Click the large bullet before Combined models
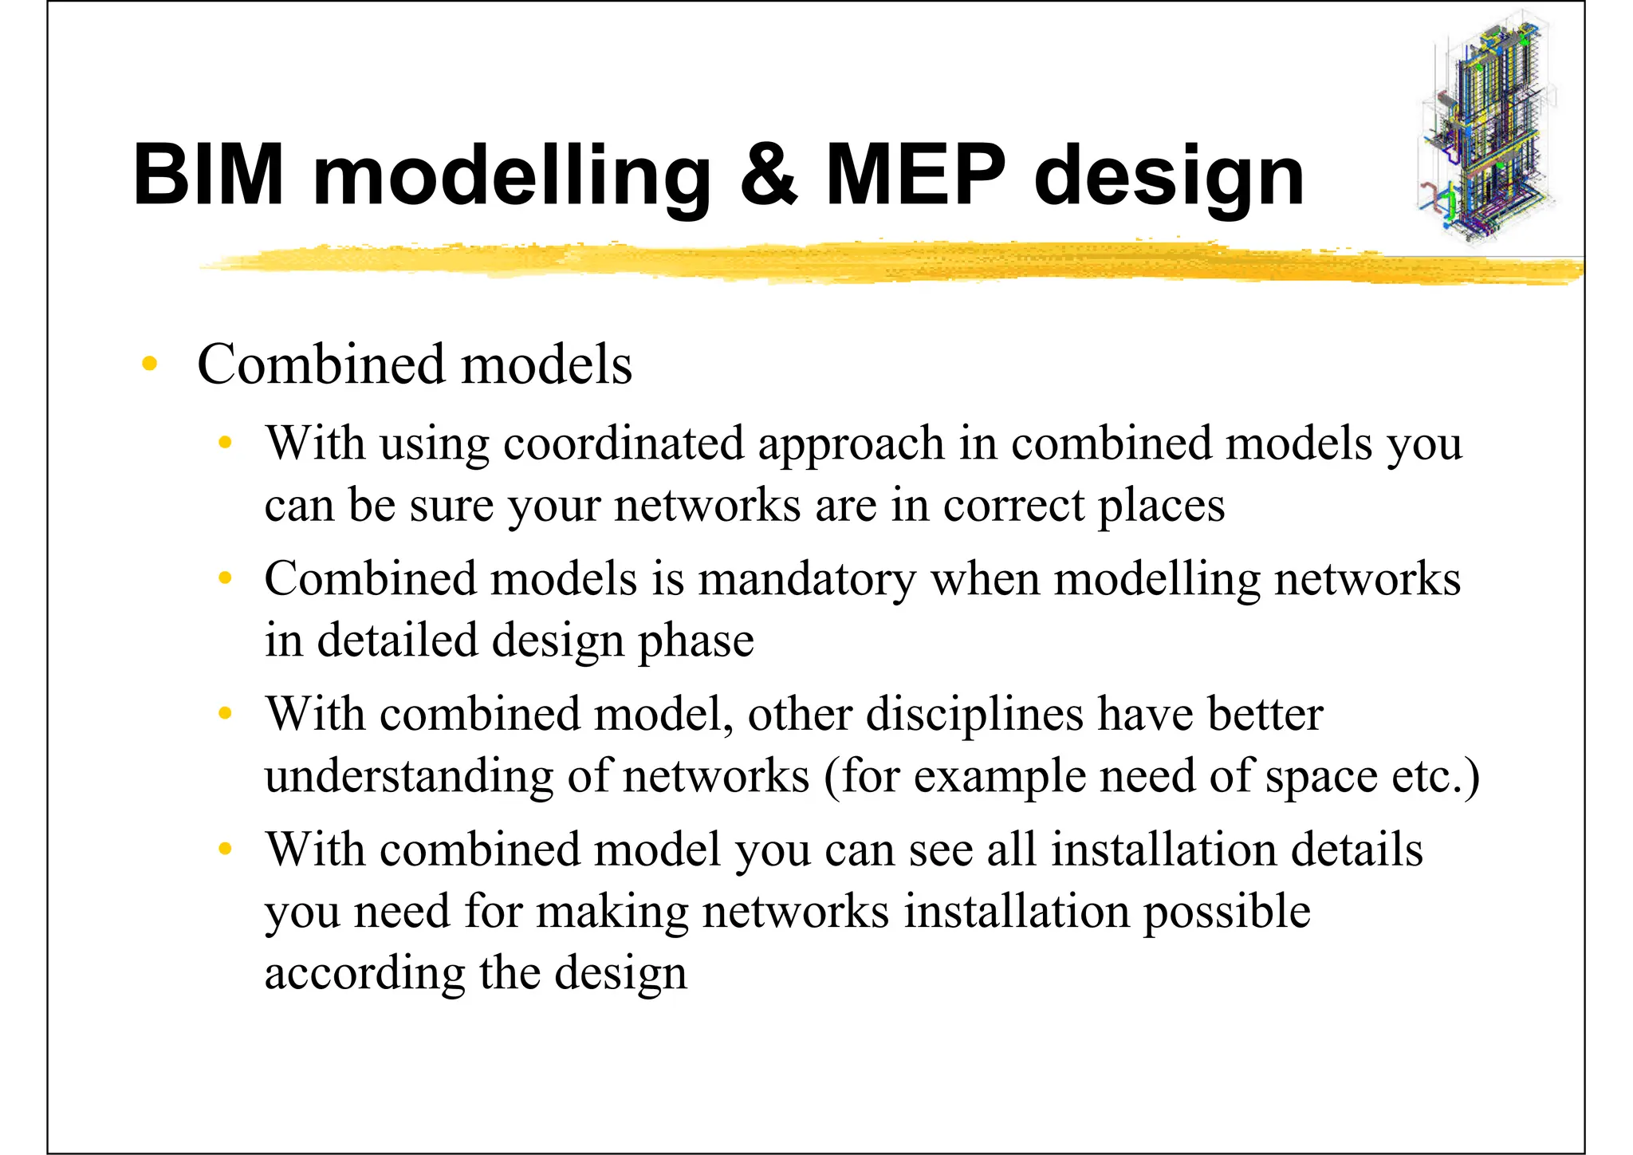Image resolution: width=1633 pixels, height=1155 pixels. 149,365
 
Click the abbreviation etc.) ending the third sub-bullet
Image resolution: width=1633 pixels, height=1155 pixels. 1436,776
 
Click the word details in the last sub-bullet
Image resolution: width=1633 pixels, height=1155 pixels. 1356,849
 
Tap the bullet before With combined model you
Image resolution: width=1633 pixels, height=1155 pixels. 226,849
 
